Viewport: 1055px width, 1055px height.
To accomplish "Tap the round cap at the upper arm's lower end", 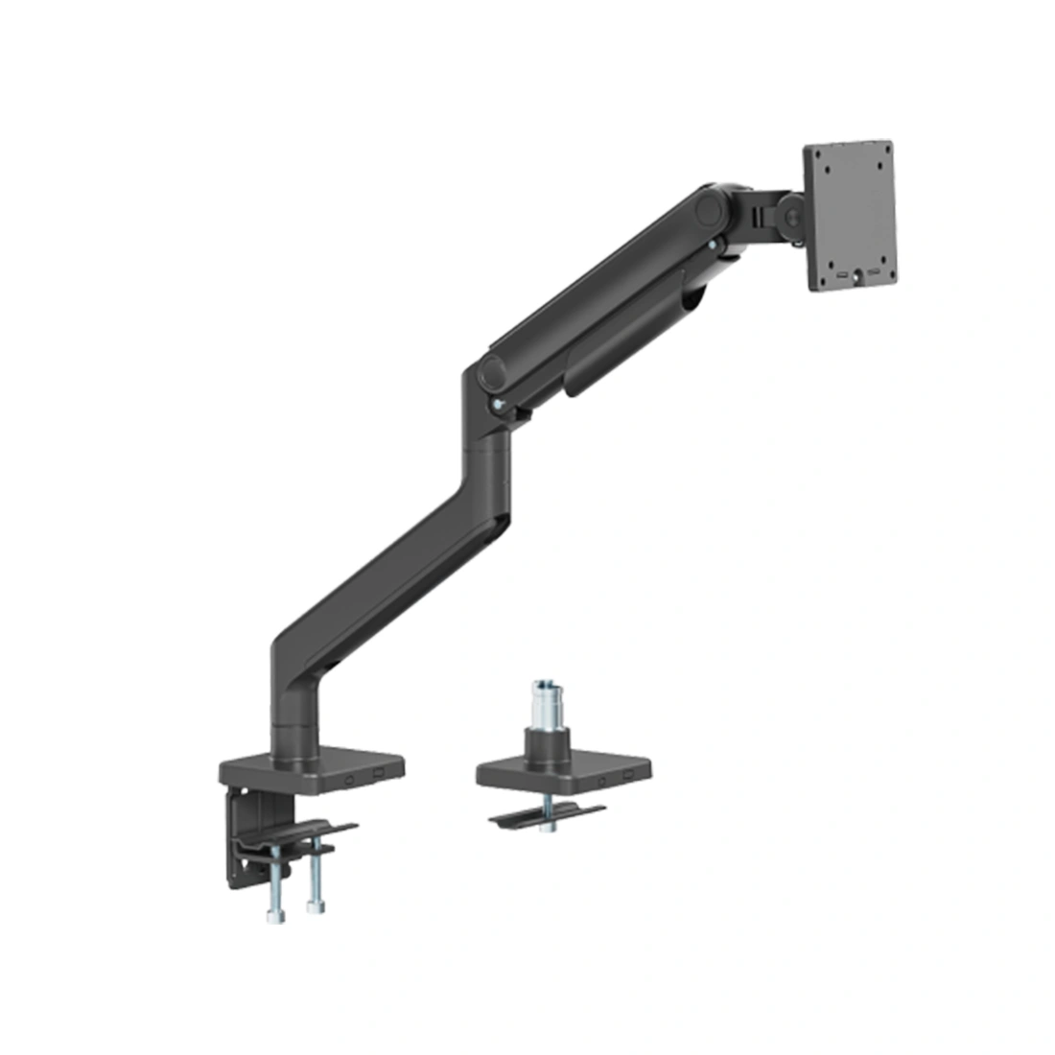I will [x=493, y=368].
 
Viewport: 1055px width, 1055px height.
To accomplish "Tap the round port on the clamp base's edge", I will [x=351, y=778].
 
